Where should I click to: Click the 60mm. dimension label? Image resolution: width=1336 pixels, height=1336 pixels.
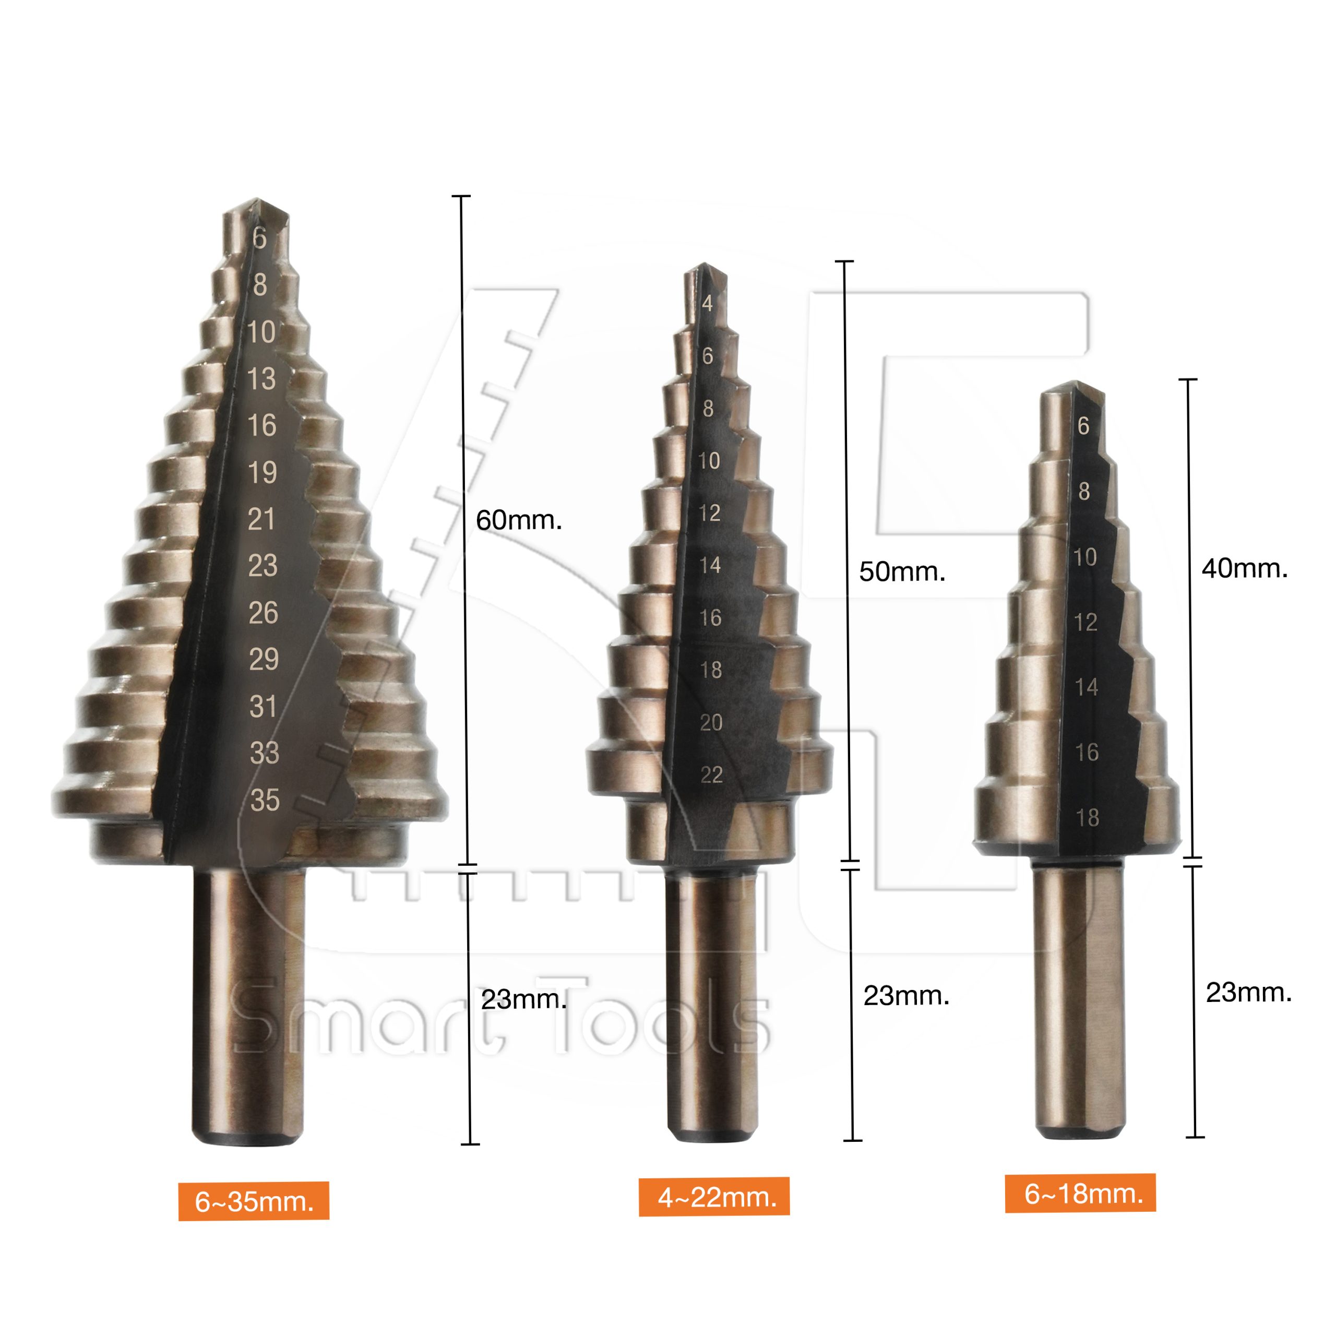click(x=519, y=520)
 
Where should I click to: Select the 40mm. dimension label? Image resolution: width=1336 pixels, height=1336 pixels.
click(x=1244, y=568)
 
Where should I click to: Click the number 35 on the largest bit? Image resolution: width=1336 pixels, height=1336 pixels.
click(x=265, y=800)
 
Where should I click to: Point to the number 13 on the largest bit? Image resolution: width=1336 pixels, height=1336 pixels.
click(x=261, y=378)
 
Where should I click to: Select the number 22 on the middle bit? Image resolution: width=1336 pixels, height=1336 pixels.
click(x=711, y=774)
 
